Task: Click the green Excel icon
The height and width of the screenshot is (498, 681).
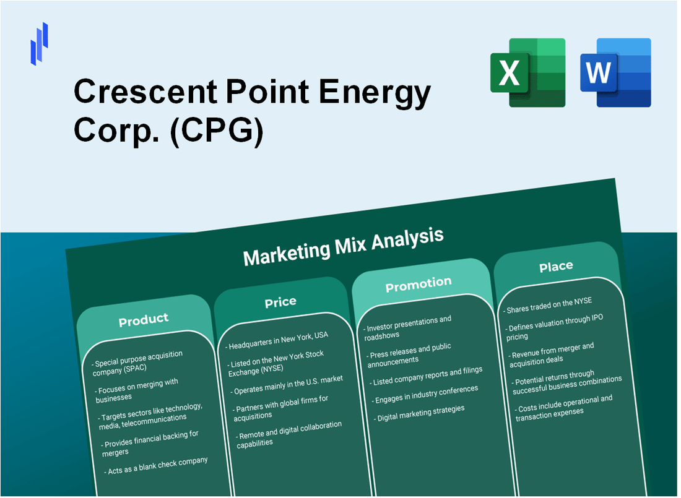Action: click(x=527, y=72)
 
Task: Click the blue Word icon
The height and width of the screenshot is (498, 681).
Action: click(x=615, y=72)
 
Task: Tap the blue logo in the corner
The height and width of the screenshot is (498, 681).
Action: click(x=39, y=44)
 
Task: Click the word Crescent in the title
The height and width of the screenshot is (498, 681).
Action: click(x=143, y=93)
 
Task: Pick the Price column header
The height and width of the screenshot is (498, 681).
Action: click(x=280, y=302)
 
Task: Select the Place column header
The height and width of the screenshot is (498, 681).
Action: click(x=556, y=267)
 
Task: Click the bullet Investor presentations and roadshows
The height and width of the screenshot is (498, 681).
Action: click(x=409, y=327)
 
